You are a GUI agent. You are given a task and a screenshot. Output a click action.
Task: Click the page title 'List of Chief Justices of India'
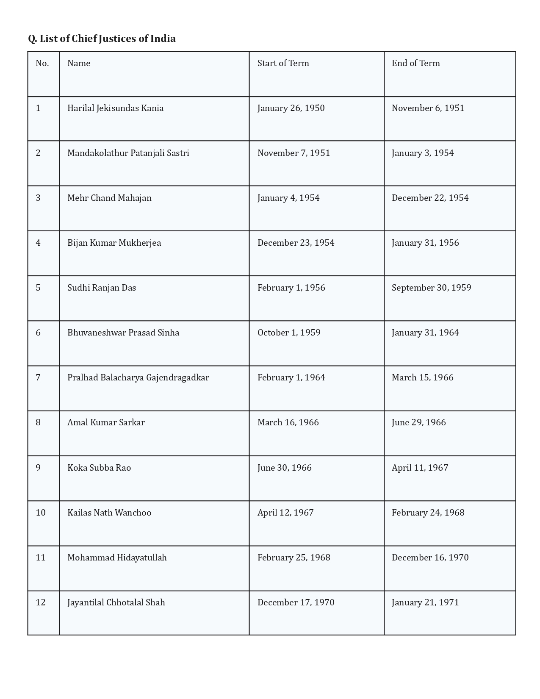tap(102, 39)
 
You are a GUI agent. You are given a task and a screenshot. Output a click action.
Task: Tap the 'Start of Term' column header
tap(283, 63)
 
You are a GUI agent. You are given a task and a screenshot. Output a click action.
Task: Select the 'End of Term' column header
tap(415, 63)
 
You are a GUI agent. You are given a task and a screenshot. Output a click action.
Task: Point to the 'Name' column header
tap(79, 63)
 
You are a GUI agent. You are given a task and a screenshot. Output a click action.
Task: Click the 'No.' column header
tap(42, 63)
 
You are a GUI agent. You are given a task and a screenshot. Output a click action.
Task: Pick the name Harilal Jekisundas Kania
tap(115, 108)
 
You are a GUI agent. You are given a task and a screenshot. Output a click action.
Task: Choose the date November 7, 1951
tap(294, 153)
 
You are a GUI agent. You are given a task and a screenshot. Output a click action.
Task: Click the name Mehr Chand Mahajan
tap(109, 198)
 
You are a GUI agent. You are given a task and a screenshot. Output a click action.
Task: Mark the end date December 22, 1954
tap(430, 198)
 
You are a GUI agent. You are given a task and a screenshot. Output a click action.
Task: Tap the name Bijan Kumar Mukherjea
tap(114, 243)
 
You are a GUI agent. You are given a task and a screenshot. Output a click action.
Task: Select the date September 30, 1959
tap(431, 288)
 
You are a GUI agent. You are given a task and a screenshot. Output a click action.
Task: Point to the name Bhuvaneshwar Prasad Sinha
tap(123, 333)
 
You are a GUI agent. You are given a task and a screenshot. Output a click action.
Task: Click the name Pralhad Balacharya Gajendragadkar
tap(138, 377)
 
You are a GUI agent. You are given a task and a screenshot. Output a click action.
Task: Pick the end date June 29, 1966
tap(418, 422)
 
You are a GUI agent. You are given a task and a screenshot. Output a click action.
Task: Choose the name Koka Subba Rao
tap(99, 468)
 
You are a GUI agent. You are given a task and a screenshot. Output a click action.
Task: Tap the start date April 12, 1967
tap(285, 513)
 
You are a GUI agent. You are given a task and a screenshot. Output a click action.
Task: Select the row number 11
tap(41, 558)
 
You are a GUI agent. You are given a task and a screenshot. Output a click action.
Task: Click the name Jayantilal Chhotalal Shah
tap(116, 602)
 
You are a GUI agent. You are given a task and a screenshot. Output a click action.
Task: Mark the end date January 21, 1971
tap(425, 602)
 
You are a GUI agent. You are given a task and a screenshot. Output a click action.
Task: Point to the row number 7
tap(38, 377)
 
